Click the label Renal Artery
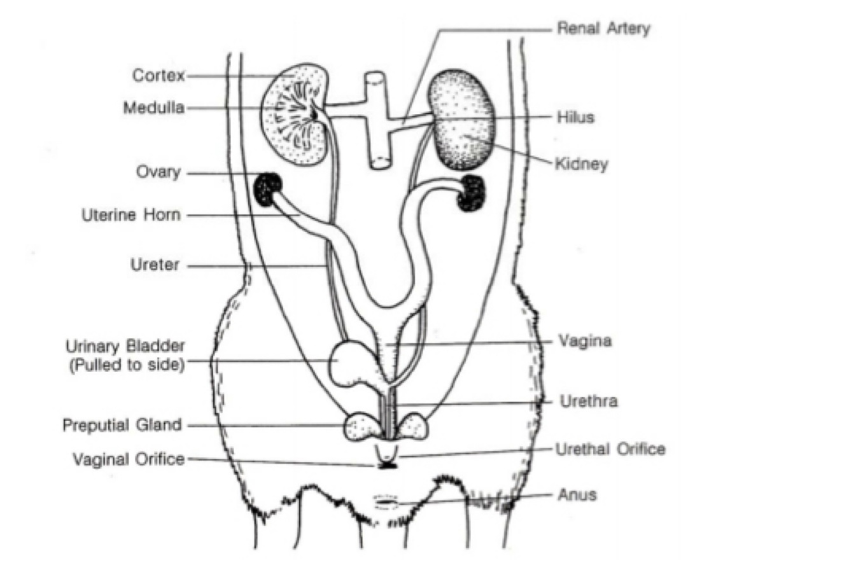click(x=603, y=29)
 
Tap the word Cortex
click(x=158, y=76)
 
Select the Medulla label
click(x=154, y=108)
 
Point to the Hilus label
click(x=575, y=118)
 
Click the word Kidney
click(x=581, y=164)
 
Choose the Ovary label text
click(x=158, y=172)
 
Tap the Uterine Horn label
click(x=131, y=215)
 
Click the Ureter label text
click(x=155, y=265)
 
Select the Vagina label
click(x=585, y=341)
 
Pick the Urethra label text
click(x=588, y=401)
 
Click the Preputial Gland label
click(x=122, y=424)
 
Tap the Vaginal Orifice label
click(x=129, y=459)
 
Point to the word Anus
click(x=577, y=494)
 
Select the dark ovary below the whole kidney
click(x=472, y=193)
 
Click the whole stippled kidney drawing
click(x=461, y=120)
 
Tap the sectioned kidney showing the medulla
click(x=298, y=113)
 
